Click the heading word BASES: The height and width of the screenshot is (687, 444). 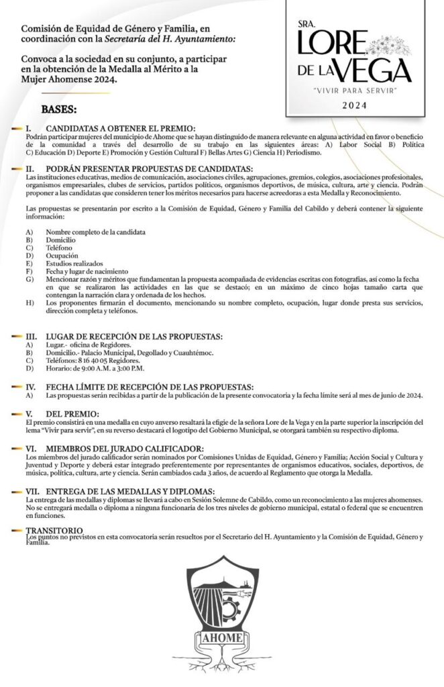[x=59, y=109]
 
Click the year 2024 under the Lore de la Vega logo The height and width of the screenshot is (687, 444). [x=355, y=105]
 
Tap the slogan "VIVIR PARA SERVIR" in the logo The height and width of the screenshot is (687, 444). [x=355, y=89]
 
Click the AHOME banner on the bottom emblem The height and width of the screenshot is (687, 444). [x=215, y=637]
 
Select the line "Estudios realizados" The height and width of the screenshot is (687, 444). [x=75, y=264]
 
